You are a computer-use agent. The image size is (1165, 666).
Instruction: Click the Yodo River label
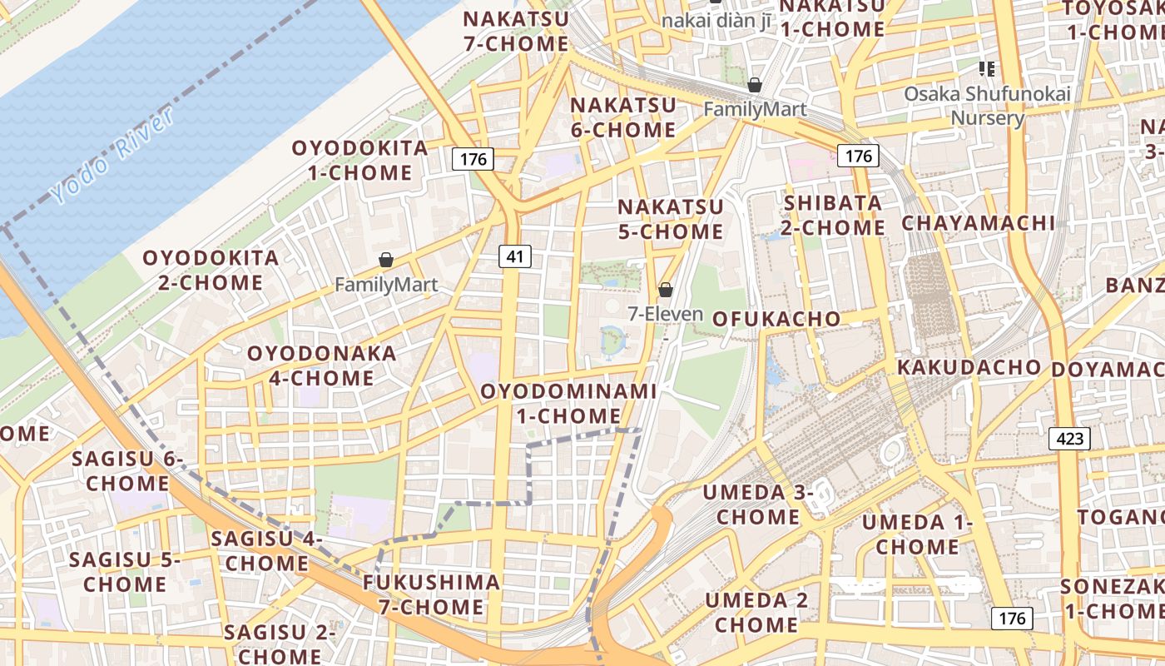coord(114,156)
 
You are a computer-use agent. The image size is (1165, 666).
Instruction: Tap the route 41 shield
coord(515,256)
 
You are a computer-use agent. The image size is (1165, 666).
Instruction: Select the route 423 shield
coord(1069,438)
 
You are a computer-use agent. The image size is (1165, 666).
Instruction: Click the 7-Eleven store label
coord(665,315)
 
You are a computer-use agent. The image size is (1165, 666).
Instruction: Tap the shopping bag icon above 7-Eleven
coord(665,290)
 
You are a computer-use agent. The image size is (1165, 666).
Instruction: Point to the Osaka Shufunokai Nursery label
coord(988,106)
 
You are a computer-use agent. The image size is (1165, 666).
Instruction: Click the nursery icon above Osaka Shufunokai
coord(988,68)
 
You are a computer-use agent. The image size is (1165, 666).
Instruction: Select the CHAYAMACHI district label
coord(978,223)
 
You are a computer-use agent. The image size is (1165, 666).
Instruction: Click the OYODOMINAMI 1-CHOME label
coord(568,403)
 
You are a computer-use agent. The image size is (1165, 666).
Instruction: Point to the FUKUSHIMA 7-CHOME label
coord(431,594)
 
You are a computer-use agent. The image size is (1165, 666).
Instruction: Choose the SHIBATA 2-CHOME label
coord(834,215)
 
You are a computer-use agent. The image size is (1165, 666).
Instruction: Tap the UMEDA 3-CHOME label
coord(757,504)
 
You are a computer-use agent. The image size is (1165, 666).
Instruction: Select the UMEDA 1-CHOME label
coord(916,534)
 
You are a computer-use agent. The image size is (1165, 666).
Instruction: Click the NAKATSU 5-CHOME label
coord(670,219)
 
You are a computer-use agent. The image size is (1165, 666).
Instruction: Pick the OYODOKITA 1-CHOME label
coord(359,161)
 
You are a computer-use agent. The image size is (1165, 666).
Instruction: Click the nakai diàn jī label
coord(715,20)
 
